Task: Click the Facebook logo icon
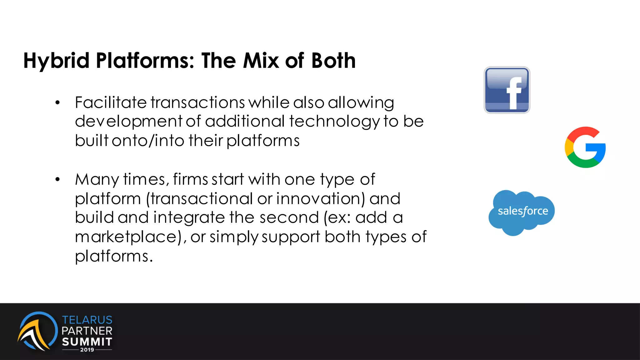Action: pos(507,90)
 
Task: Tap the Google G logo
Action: pos(585,147)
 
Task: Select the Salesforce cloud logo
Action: pos(522,212)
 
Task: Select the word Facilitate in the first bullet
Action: pos(111,102)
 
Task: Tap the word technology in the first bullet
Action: pos(334,122)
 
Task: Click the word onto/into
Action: pos(148,141)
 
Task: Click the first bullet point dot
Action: pos(57,103)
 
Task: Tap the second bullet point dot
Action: pos(57,180)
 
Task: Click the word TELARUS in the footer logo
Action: pos(87,320)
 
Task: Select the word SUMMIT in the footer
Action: pos(87,342)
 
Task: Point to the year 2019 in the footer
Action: pos(87,350)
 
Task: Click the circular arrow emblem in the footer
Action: pos(37,331)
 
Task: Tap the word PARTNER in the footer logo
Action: pos(87,331)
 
